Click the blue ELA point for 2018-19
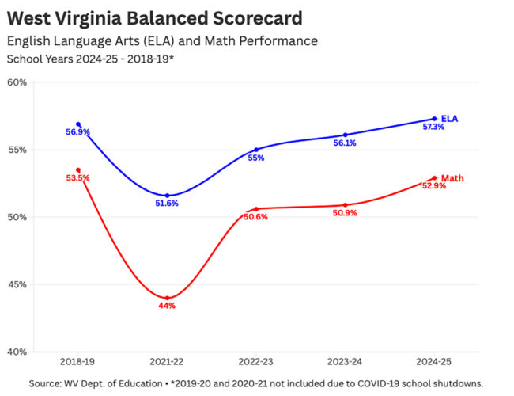[x=78, y=124]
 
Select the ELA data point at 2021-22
[x=167, y=196]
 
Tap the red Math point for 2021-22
[x=167, y=298]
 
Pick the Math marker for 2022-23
[x=256, y=209]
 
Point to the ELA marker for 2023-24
[x=346, y=135]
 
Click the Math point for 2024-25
[x=434, y=178]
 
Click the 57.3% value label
[x=433, y=127]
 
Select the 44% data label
[x=167, y=306]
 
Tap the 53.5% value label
[x=77, y=178]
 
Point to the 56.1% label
[x=345, y=143]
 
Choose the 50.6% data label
[x=256, y=217]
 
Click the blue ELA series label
[x=449, y=119]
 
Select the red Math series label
[x=452, y=178]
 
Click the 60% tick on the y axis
[x=17, y=82]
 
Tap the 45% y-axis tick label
[x=17, y=284]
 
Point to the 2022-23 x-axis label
[x=256, y=361]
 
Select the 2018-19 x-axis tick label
[x=77, y=361]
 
